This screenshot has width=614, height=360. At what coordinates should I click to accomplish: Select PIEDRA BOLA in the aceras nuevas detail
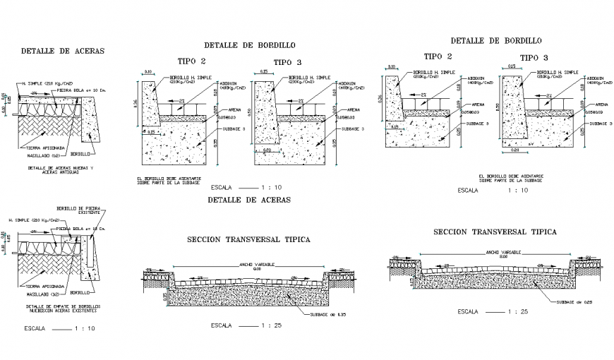tap(77, 90)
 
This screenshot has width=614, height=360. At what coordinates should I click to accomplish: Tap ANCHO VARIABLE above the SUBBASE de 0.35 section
tap(257, 264)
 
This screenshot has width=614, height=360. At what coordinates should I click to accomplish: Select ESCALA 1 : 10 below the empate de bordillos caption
tap(59, 328)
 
